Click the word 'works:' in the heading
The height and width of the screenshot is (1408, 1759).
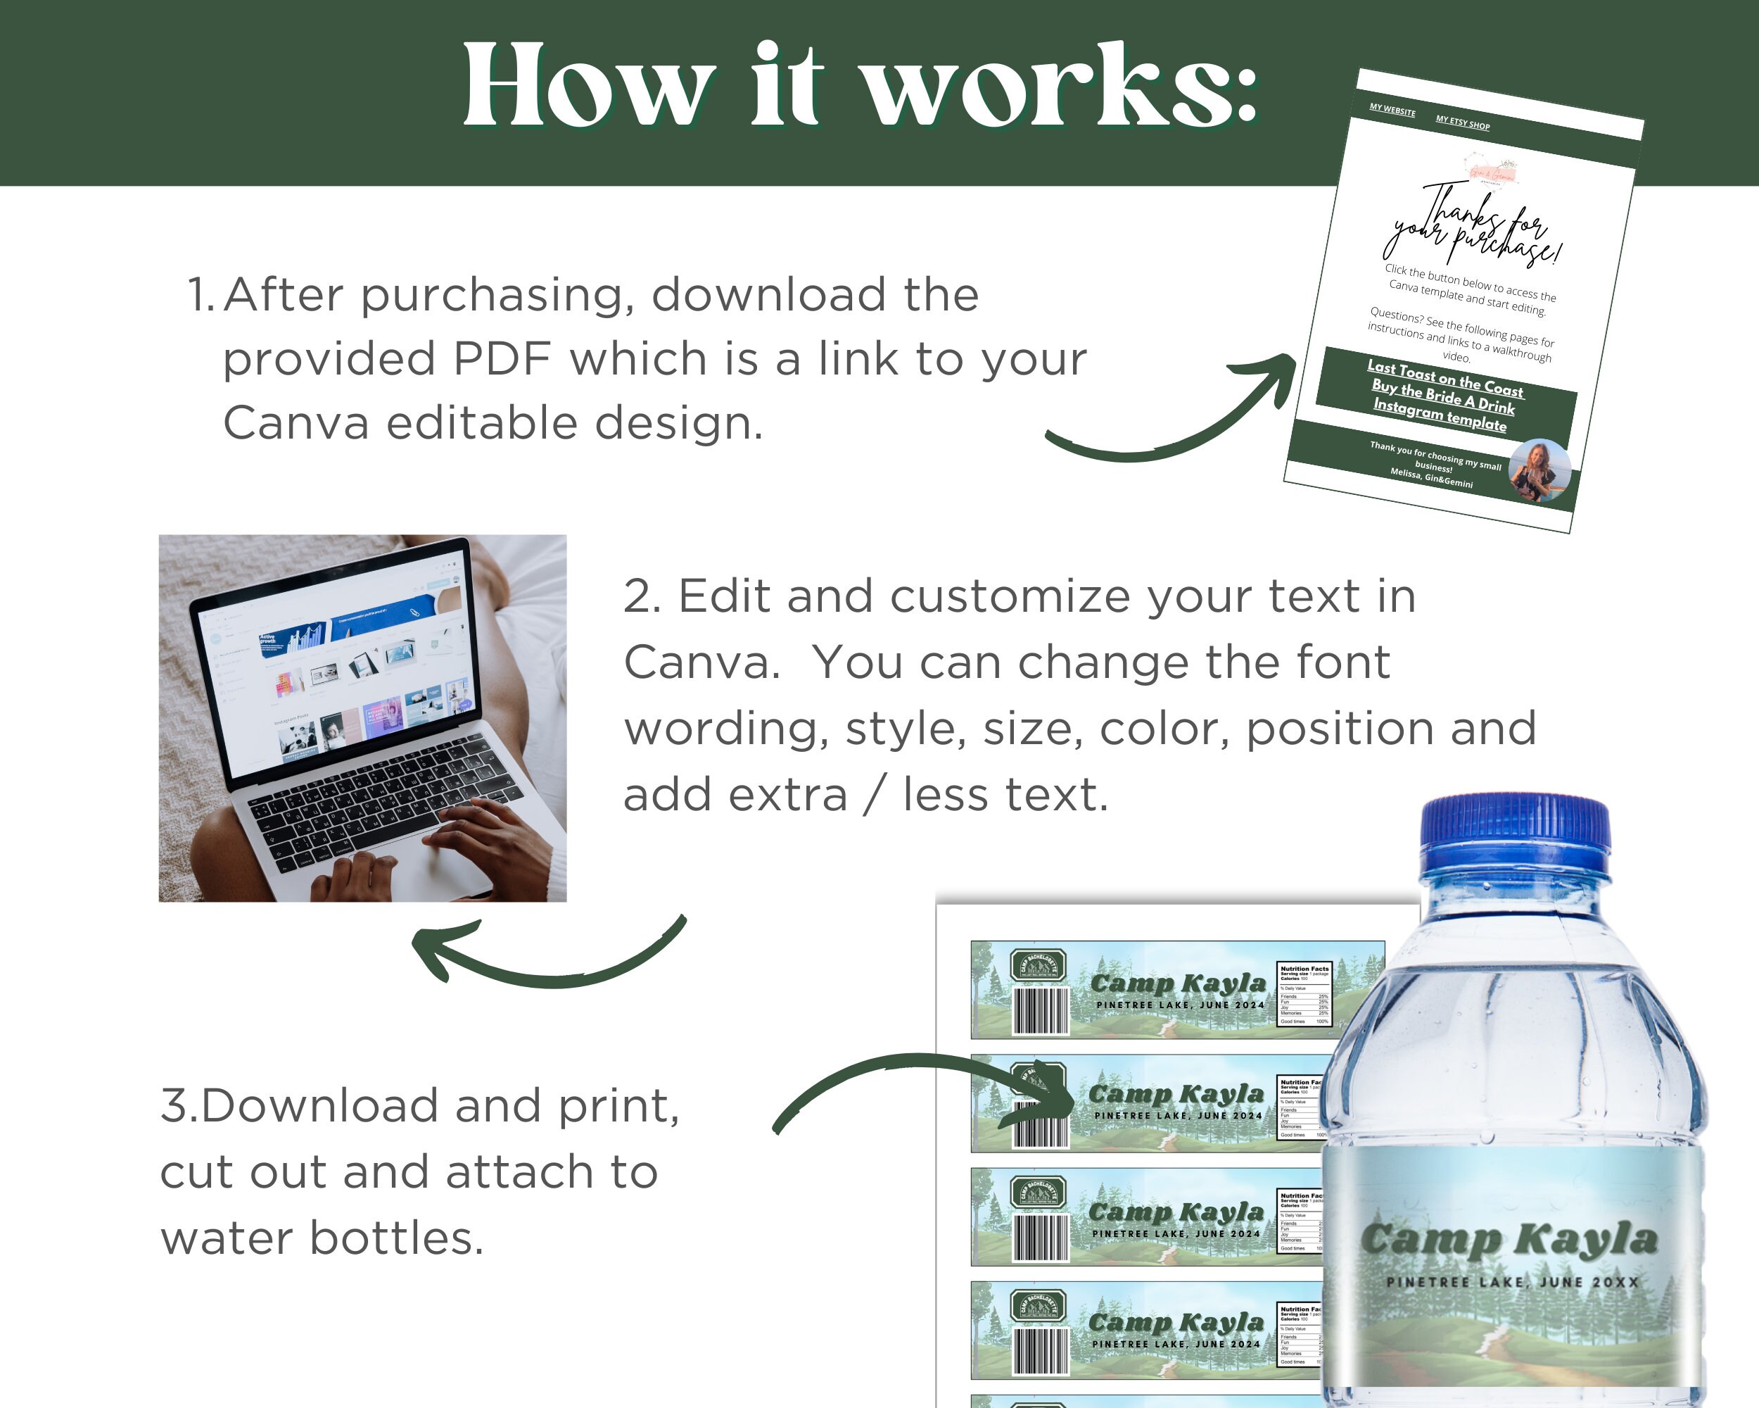point(1060,86)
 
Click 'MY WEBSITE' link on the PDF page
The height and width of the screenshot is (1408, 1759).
point(1392,111)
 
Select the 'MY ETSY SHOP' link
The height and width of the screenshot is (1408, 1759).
point(1462,123)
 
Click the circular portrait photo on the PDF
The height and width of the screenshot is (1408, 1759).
point(1539,471)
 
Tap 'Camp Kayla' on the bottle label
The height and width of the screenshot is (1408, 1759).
point(1509,1239)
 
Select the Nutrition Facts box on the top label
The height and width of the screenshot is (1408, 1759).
point(1304,993)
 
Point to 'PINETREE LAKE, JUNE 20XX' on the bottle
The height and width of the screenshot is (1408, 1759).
point(1512,1282)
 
